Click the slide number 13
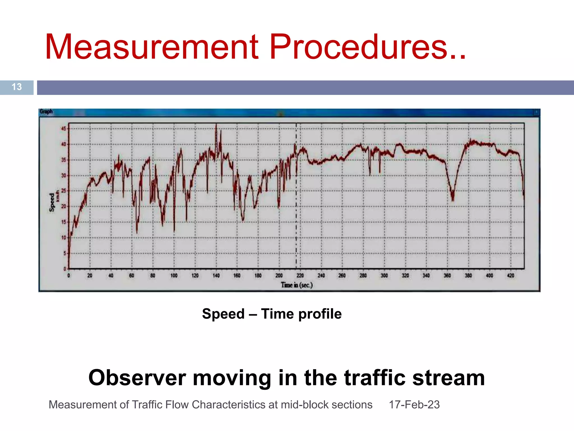pyautogui.click(x=17, y=87)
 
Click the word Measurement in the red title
pyautogui.click(x=151, y=47)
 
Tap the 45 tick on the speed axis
pyautogui.click(x=64, y=129)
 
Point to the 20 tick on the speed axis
pyautogui.click(x=64, y=207)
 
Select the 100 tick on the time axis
pyautogui.click(x=174, y=276)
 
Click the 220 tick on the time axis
pyautogui.click(x=300, y=276)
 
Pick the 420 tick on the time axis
pyautogui.click(x=511, y=276)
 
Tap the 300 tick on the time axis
pyautogui.click(x=384, y=276)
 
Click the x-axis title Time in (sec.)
pyautogui.click(x=297, y=285)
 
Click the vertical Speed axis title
pyautogui.click(x=52, y=202)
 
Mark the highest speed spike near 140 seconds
pyautogui.click(x=216, y=125)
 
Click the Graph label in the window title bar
pyautogui.click(x=46, y=112)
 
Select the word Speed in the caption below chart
pyautogui.click(x=223, y=314)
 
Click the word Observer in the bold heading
pyautogui.click(x=137, y=378)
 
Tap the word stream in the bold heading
pyautogui.click(x=448, y=378)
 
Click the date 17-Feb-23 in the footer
pyautogui.click(x=414, y=405)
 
